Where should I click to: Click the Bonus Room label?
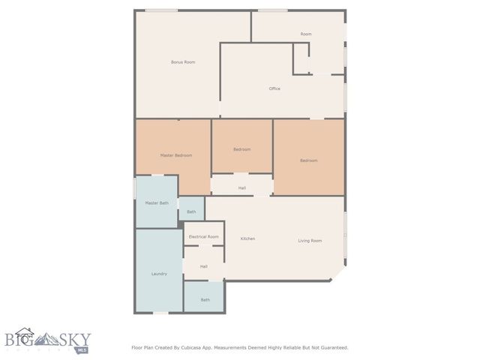pyautogui.click(x=183, y=61)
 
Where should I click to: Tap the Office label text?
pyautogui.click(x=274, y=88)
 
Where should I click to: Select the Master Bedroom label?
pyautogui.click(x=176, y=155)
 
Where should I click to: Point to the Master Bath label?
pyautogui.click(x=157, y=202)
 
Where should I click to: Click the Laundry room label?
pyautogui.click(x=159, y=274)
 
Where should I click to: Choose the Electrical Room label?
pyautogui.click(x=203, y=236)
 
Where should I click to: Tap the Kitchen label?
pyautogui.click(x=247, y=238)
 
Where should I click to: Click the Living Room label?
pyautogui.click(x=310, y=241)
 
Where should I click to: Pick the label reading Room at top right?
pyautogui.click(x=306, y=34)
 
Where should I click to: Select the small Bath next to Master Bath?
pyautogui.click(x=191, y=212)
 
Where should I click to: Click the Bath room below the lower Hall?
pyautogui.click(x=205, y=300)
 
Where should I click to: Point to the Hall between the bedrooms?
pyautogui.click(x=242, y=187)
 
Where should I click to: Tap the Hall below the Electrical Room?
pyautogui.click(x=203, y=266)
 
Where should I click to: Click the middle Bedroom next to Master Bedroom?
pyautogui.click(x=241, y=149)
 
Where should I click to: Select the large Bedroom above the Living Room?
pyautogui.click(x=308, y=160)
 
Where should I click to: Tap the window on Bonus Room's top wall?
pyautogui.click(x=161, y=10)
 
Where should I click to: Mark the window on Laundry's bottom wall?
pyautogui.click(x=160, y=313)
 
